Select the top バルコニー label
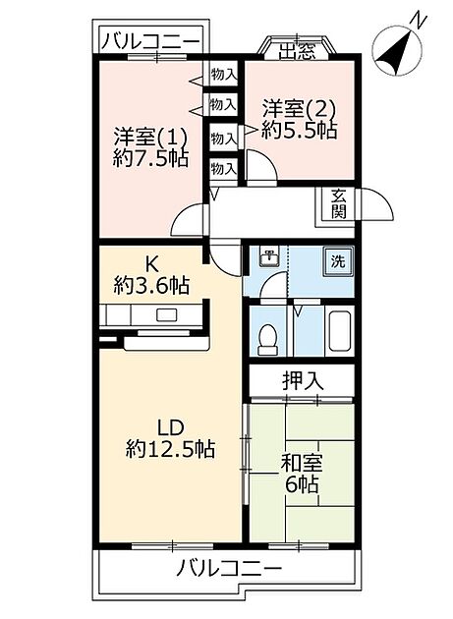pyautogui.click(x=151, y=41)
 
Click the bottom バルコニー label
pyautogui.click(x=229, y=568)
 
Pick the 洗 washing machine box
pyautogui.click(x=337, y=261)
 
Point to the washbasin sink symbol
pyautogui.click(x=267, y=258)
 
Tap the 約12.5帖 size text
pyautogui.click(x=170, y=448)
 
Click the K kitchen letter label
pyautogui.click(x=151, y=263)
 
